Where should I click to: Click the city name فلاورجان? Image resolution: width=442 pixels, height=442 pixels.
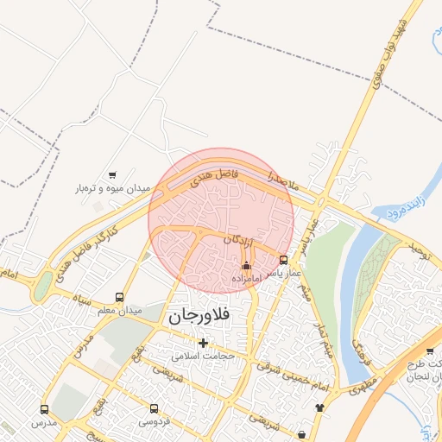199,316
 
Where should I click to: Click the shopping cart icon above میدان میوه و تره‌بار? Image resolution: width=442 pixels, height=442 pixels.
112,174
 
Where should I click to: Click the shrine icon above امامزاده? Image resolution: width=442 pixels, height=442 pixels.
247,266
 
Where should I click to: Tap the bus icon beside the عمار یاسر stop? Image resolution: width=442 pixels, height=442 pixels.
284,259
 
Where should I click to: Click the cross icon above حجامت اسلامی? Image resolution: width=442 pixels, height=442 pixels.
204,343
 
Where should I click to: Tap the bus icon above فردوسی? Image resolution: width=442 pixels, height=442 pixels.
155,408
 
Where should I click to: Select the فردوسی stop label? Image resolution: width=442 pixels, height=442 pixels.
154,422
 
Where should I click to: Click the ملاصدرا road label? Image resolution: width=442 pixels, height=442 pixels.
281,180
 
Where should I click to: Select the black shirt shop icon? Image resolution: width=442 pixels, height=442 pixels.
319,407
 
